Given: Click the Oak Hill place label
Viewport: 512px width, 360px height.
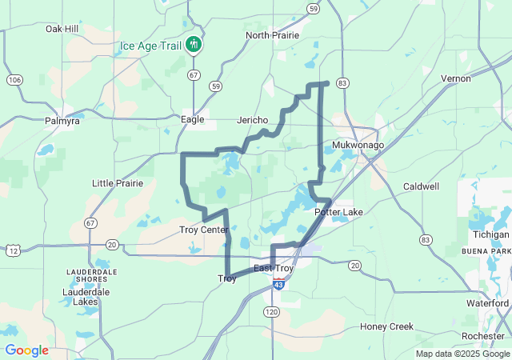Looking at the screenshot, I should (x=62, y=29).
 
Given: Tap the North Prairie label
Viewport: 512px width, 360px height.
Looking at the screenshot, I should (x=272, y=35).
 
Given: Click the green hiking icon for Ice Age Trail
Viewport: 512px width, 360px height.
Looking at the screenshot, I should (x=193, y=45).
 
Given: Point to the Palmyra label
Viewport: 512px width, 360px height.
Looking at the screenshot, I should (x=62, y=121).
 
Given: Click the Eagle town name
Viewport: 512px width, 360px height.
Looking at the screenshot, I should (x=193, y=119).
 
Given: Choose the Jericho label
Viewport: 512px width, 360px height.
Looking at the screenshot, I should (x=253, y=120).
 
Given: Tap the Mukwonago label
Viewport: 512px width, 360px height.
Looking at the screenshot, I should (x=358, y=145).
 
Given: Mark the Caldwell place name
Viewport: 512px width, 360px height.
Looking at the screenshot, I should (x=421, y=186).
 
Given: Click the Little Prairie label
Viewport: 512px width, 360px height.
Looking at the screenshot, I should (x=118, y=183).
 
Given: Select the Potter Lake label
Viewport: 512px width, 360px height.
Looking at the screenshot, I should (x=339, y=212).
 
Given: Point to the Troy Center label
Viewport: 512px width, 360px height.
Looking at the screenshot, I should (x=203, y=230).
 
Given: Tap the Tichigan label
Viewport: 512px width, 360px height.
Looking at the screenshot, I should (x=490, y=234).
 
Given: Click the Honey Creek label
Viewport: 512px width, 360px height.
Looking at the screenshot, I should (x=386, y=326).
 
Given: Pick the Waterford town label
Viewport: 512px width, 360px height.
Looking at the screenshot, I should (x=489, y=303).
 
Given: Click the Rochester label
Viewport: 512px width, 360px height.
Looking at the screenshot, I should (x=484, y=336).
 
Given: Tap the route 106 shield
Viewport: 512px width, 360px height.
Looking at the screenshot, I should (x=14, y=80).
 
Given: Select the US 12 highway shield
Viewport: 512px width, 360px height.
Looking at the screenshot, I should (x=13, y=251).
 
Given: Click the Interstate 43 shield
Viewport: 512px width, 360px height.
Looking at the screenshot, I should (x=278, y=284).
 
